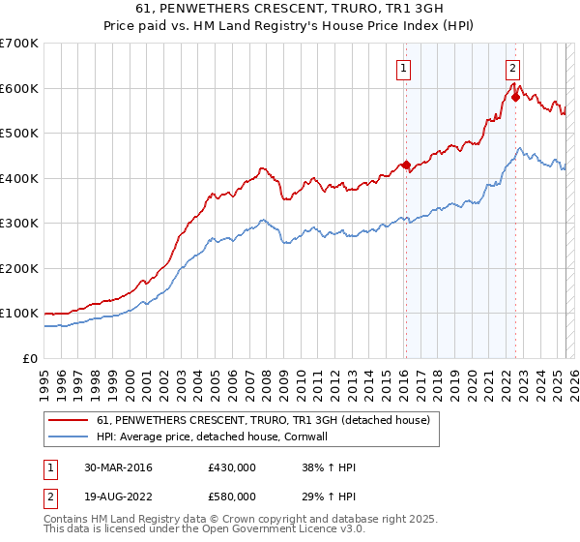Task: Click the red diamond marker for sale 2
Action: click(515, 98)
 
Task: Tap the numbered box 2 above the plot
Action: click(512, 68)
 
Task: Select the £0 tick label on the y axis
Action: click(30, 358)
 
